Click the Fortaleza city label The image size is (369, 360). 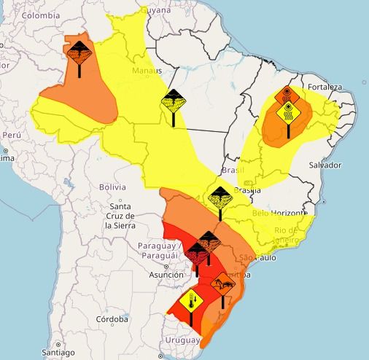(x=325, y=87)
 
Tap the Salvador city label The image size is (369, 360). (x=325, y=165)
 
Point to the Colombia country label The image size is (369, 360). (x=39, y=15)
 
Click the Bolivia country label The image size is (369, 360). (x=112, y=187)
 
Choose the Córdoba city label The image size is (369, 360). (x=112, y=319)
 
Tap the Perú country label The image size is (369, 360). (x=11, y=136)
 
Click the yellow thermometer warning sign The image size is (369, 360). (x=190, y=302)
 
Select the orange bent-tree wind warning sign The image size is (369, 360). (x=222, y=282)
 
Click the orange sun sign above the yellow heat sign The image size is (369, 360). (x=287, y=94)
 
